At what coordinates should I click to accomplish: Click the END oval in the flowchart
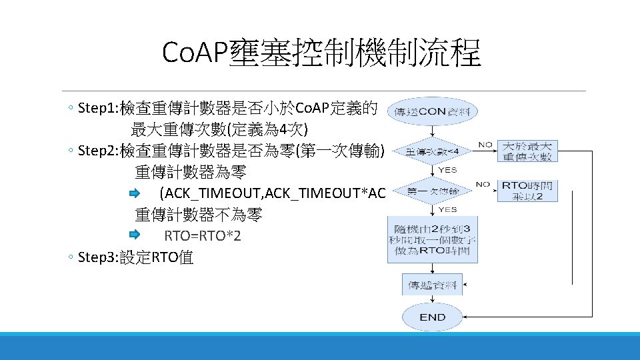[433, 317]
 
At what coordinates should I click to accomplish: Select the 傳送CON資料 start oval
[432, 111]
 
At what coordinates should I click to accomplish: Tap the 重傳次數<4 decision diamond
[432, 153]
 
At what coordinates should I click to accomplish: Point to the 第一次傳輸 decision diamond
[432, 191]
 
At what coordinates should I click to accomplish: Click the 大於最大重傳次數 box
[527, 151]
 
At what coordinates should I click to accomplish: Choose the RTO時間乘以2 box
[527, 191]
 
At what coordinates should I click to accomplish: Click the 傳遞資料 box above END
[432, 285]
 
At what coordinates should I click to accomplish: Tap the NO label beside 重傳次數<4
[485, 144]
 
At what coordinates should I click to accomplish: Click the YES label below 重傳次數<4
[447, 170]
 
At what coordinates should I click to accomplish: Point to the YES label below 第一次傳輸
[447, 209]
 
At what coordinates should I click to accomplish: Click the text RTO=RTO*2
[203, 237]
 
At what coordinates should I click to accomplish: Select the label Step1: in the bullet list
[97, 108]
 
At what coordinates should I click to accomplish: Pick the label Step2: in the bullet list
[97, 151]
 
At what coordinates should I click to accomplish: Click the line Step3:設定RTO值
[135, 258]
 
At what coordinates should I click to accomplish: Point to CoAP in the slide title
[195, 53]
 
